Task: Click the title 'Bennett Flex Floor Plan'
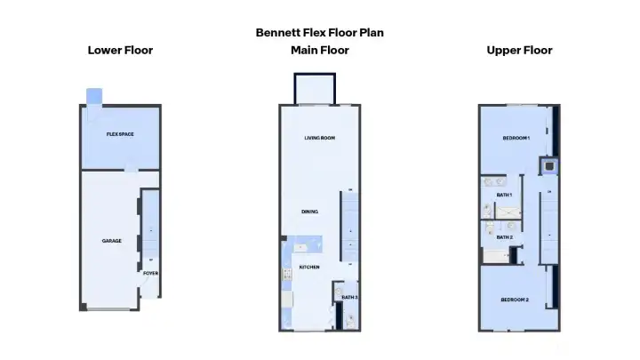320,32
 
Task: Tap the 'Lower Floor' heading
120,50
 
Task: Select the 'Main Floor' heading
320,50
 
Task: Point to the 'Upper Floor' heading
519,50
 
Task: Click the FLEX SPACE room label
120,134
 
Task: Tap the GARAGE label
111,241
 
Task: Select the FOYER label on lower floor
151,273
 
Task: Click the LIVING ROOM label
319,138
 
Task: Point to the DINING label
310,212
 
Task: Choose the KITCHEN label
309,267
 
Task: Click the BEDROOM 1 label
515,139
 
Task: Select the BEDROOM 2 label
515,300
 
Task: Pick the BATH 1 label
504,194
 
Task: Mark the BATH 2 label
504,236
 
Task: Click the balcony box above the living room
316,89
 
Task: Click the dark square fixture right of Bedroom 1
548,164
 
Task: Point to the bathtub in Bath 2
495,257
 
